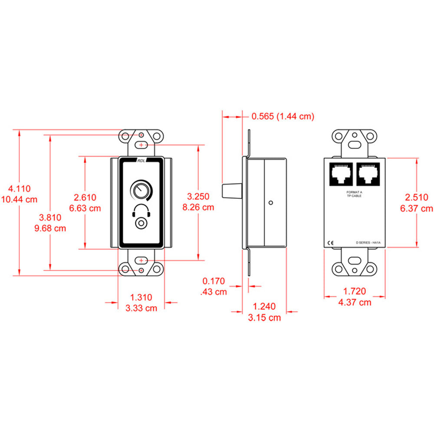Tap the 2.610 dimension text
(85, 197)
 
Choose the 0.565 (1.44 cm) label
(283, 116)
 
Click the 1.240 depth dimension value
(264, 307)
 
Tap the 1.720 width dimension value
(355, 291)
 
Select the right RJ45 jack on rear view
(368, 174)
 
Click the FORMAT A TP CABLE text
(355, 194)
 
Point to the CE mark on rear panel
(330, 243)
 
